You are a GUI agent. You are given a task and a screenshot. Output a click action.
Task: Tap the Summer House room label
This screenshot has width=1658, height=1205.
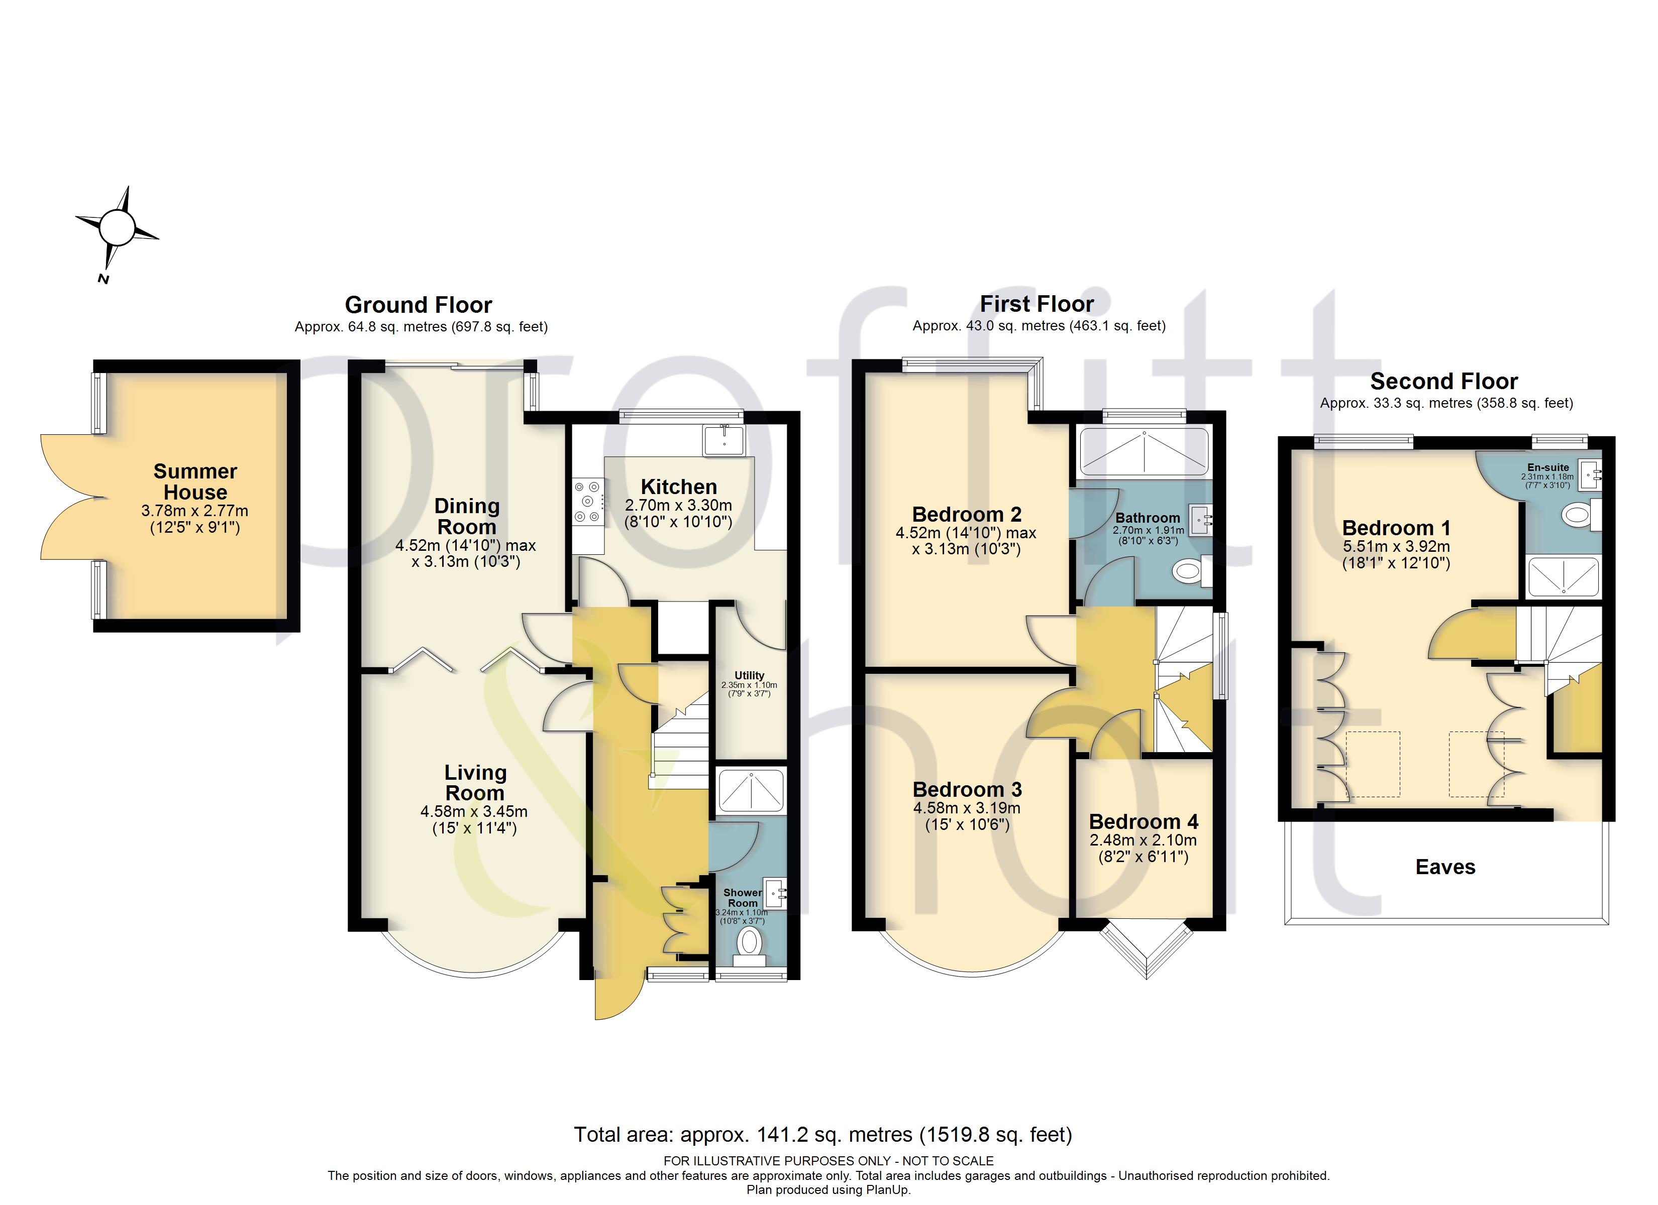click(195, 481)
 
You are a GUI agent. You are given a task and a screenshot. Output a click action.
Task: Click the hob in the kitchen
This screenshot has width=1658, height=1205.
click(588, 501)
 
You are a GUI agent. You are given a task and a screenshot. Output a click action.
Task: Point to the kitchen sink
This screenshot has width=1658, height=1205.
click(723, 440)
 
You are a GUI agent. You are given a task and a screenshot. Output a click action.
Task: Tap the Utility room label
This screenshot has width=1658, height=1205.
click(749, 675)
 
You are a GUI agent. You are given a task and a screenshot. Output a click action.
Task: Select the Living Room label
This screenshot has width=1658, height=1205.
click(475, 783)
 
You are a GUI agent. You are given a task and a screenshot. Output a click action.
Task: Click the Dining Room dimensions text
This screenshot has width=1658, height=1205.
click(466, 553)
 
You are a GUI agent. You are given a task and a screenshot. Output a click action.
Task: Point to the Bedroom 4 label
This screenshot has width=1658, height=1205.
click(1144, 821)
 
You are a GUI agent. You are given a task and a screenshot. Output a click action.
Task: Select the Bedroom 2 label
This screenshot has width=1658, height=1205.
click(967, 515)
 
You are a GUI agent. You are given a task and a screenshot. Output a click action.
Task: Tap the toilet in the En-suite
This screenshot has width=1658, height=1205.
click(1581, 515)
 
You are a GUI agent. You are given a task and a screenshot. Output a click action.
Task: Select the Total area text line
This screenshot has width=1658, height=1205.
click(823, 1134)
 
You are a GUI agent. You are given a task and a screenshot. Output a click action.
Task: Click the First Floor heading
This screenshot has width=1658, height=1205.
click(1037, 303)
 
